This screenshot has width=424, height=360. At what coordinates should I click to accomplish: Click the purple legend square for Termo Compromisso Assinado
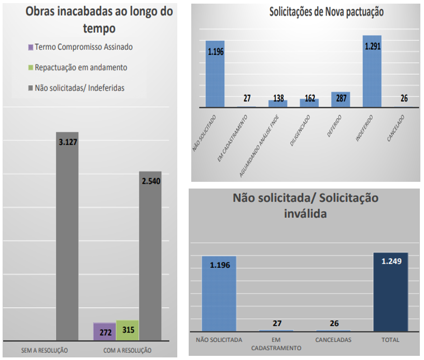(x=31, y=47)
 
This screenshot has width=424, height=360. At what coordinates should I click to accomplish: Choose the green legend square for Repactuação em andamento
(x=31, y=68)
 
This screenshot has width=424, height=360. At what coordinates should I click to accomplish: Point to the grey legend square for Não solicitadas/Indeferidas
(x=31, y=88)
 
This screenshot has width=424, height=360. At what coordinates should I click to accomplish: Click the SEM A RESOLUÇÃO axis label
(x=44, y=350)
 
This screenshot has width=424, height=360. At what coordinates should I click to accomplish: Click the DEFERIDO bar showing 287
(x=341, y=99)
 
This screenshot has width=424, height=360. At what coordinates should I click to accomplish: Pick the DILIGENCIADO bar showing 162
(x=309, y=103)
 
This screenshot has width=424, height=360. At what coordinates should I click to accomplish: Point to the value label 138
(x=278, y=98)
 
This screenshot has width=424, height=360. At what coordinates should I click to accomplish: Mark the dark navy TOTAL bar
(x=390, y=292)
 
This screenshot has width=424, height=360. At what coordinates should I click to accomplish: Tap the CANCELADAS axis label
(x=333, y=340)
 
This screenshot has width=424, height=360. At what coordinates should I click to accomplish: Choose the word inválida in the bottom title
(x=306, y=213)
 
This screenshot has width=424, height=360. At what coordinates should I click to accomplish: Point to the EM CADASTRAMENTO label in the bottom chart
(x=276, y=344)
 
